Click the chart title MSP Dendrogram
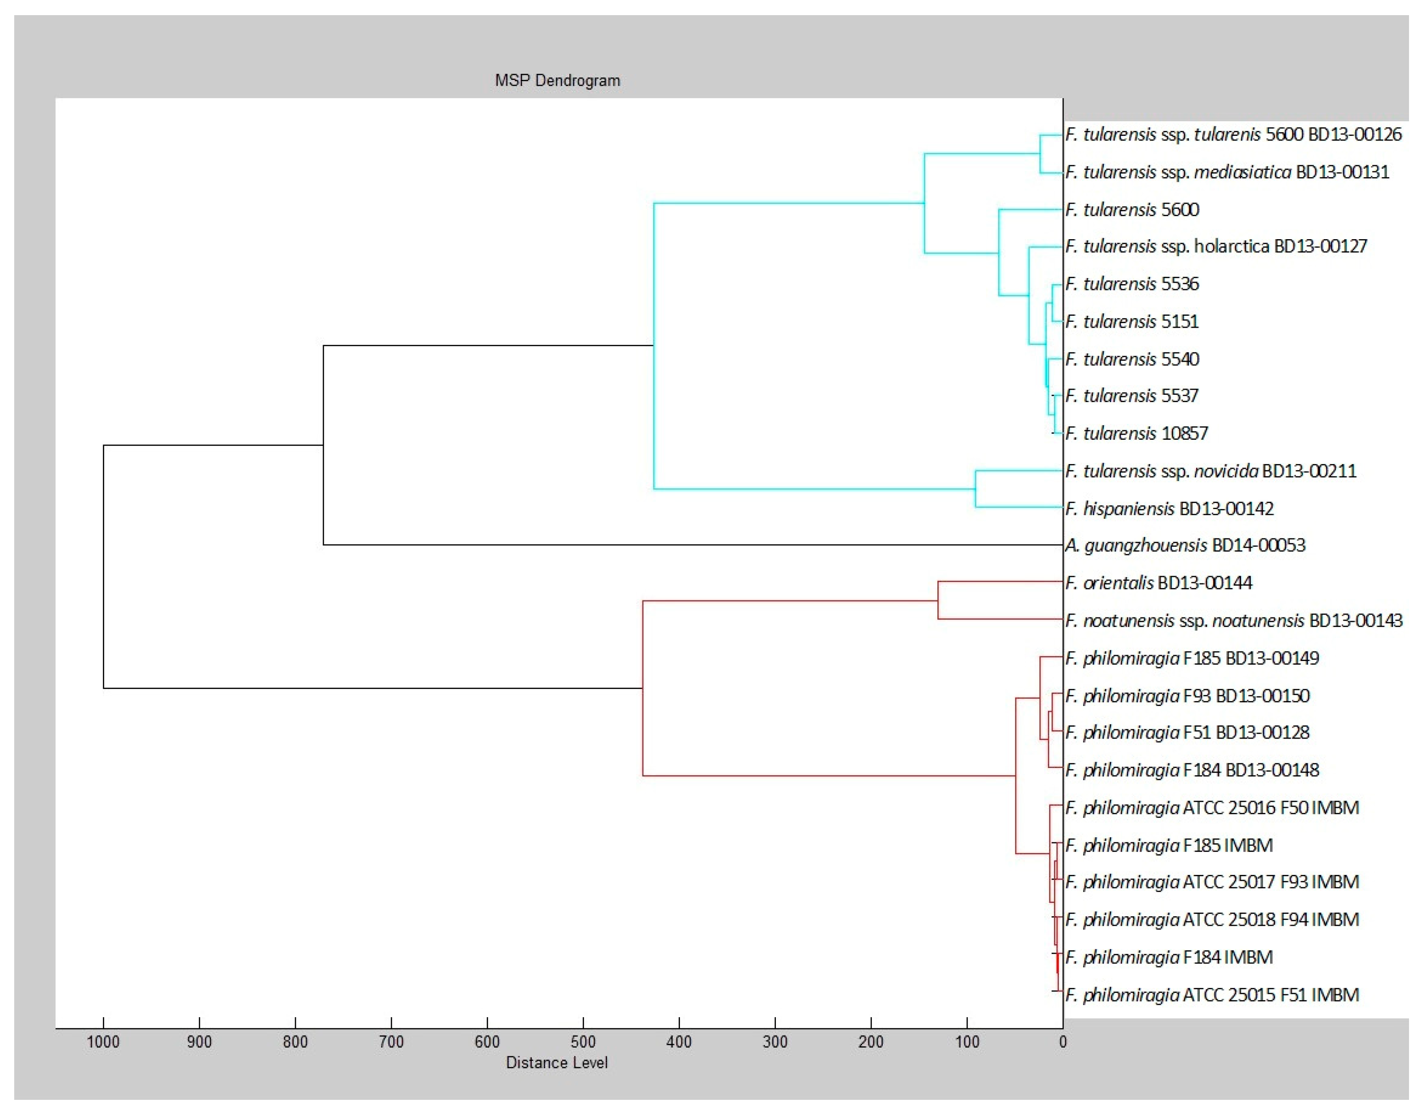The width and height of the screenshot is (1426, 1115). [557, 81]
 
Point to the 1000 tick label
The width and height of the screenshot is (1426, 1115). [103, 1042]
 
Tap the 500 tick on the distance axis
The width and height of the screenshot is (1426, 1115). [583, 1042]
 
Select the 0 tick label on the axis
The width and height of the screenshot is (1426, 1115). [1063, 1042]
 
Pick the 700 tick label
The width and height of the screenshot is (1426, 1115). [391, 1042]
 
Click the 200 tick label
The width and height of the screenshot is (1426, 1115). [871, 1042]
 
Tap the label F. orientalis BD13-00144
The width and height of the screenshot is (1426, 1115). [1159, 583]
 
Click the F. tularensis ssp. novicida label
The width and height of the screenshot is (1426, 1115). [1210, 471]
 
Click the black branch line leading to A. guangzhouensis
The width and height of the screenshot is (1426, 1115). [692, 545]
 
